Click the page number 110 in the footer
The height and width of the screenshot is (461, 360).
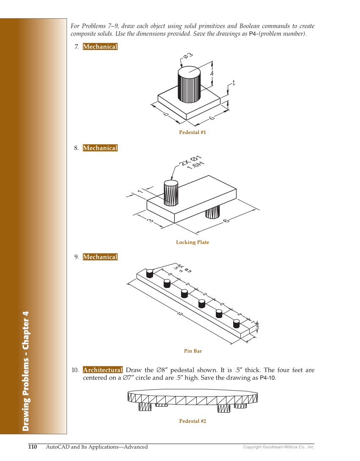pyautogui.click(x=33, y=447)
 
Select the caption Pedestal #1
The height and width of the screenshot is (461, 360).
pyautogui.click(x=192, y=132)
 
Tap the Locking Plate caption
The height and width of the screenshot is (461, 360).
pyautogui.click(x=193, y=242)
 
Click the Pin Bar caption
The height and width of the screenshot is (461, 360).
pyautogui.click(x=193, y=351)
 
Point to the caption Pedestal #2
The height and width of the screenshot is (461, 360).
pyautogui.click(x=193, y=421)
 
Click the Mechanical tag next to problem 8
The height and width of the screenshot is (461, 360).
pyautogui.click(x=100, y=148)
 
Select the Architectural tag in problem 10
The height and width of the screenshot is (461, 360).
pyautogui.click(x=103, y=370)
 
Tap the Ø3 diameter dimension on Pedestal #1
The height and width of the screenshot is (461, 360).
pyautogui.click(x=188, y=56)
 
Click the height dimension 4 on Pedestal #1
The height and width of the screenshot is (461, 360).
pyautogui.click(x=212, y=73)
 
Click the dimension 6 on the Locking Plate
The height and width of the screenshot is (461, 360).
pyautogui.click(x=226, y=220)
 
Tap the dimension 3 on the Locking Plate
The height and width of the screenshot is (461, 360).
pyautogui.click(x=150, y=221)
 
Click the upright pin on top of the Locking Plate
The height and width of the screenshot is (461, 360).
pyautogui.click(x=171, y=193)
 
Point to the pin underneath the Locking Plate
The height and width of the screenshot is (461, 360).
pyautogui.click(x=212, y=212)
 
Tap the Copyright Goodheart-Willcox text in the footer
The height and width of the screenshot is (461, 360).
pyautogui.click(x=278, y=447)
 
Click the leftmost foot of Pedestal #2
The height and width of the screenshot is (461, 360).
pyautogui.click(x=145, y=407)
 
